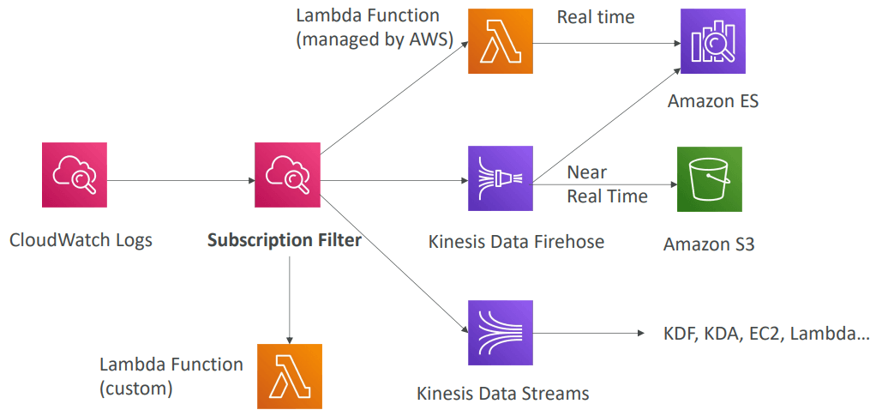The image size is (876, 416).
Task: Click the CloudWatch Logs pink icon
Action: click(74, 175)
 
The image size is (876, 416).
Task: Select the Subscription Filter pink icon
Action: click(286, 175)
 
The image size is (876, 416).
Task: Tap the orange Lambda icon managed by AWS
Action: click(500, 41)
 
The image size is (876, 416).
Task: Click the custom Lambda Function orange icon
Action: click(290, 376)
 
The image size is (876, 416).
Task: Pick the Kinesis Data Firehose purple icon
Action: click(501, 178)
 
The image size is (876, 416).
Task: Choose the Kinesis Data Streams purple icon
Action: click(501, 332)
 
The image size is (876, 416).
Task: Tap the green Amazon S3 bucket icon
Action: click(709, 178)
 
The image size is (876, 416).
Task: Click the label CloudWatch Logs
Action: click(81, 240)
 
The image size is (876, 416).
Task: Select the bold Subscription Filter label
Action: click(284, 240)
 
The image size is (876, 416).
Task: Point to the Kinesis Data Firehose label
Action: click(516, 242)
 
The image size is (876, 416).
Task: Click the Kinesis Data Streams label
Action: click(503, 394)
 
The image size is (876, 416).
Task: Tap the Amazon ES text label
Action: click(713, 101)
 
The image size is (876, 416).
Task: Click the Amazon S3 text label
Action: click(709, 244)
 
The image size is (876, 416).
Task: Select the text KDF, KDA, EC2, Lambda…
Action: click(766, 334)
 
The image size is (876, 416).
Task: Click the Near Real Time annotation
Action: click(607, 185)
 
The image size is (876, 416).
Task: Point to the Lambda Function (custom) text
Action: click(171, 376)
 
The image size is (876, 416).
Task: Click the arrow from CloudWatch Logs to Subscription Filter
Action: click(180, 181)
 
